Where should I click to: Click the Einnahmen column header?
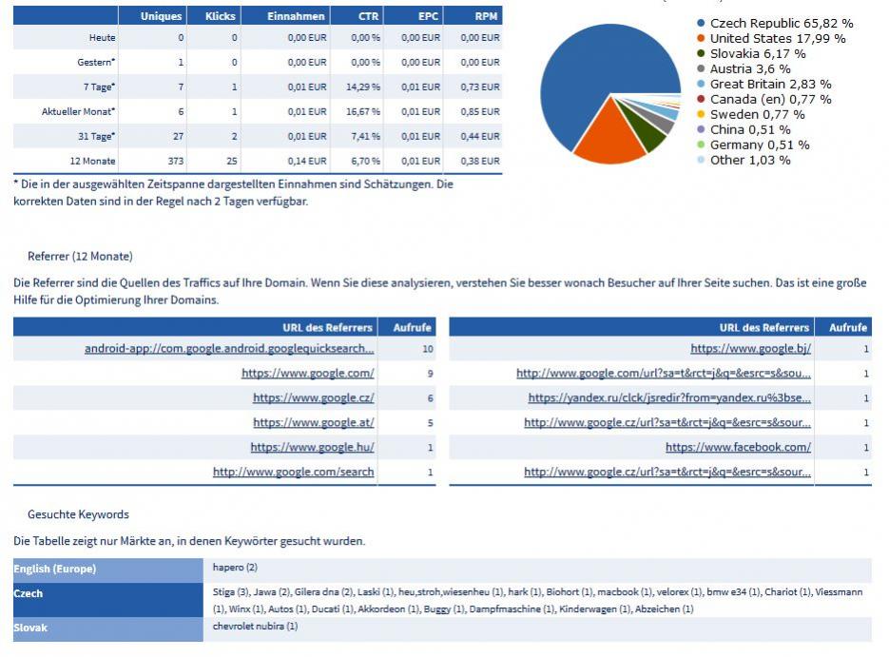pyautogui.click(x=296, y=16)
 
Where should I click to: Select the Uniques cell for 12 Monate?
pyautogui.click(x=176, y=161)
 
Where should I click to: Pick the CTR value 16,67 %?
pyautogui.click(x=363, y=111)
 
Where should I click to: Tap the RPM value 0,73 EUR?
pyautogui.click(x=480, y=87)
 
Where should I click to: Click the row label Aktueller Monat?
pyautogui.click(x=78, y=111)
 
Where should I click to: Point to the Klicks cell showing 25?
pyautogui.click(x=232, y=161)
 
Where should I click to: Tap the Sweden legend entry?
pyautogui.click(x=751, y=114)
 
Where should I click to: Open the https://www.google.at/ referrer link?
pyautogui.click(x=314, y=422)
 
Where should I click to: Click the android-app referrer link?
pyautogui.click(x=229, y=349)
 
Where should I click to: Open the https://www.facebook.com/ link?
pyautogui.click(x=738, y=447)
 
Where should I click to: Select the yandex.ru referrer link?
pyautogui.click(x=669, y=398)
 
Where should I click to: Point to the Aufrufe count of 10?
pyautogui.click(x=428, y=349)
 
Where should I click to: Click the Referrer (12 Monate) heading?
pyautogui.click(x=80, y=256)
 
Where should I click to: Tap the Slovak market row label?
pyautogui.click(x=30, y=628)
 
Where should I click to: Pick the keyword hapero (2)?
pyautogui.click(x=235, y=568)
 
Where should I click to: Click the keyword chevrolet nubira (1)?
pyautogui.click(x=255, y=627)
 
